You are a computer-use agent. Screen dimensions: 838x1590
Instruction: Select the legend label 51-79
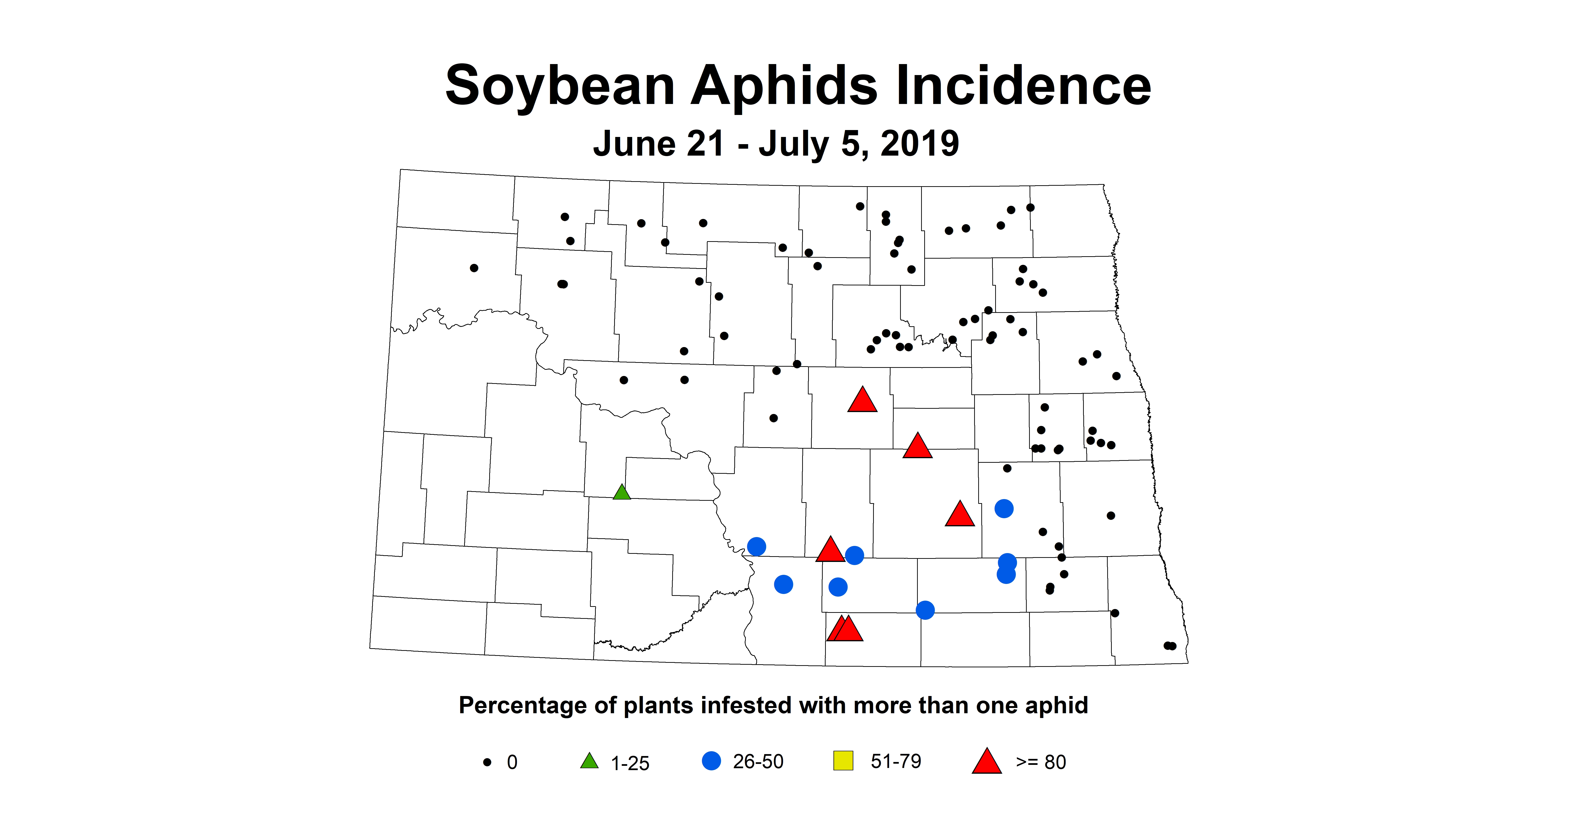pyautogui.click(x=896, y=762)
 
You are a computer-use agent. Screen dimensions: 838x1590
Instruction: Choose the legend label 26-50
pyautogui.click(x=758, y=762)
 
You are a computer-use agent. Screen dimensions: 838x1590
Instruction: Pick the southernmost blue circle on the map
pyautogui.click(x=925, y=610)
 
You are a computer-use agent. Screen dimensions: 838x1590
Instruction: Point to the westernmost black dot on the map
pyautogui.click(x=474, y=268)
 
